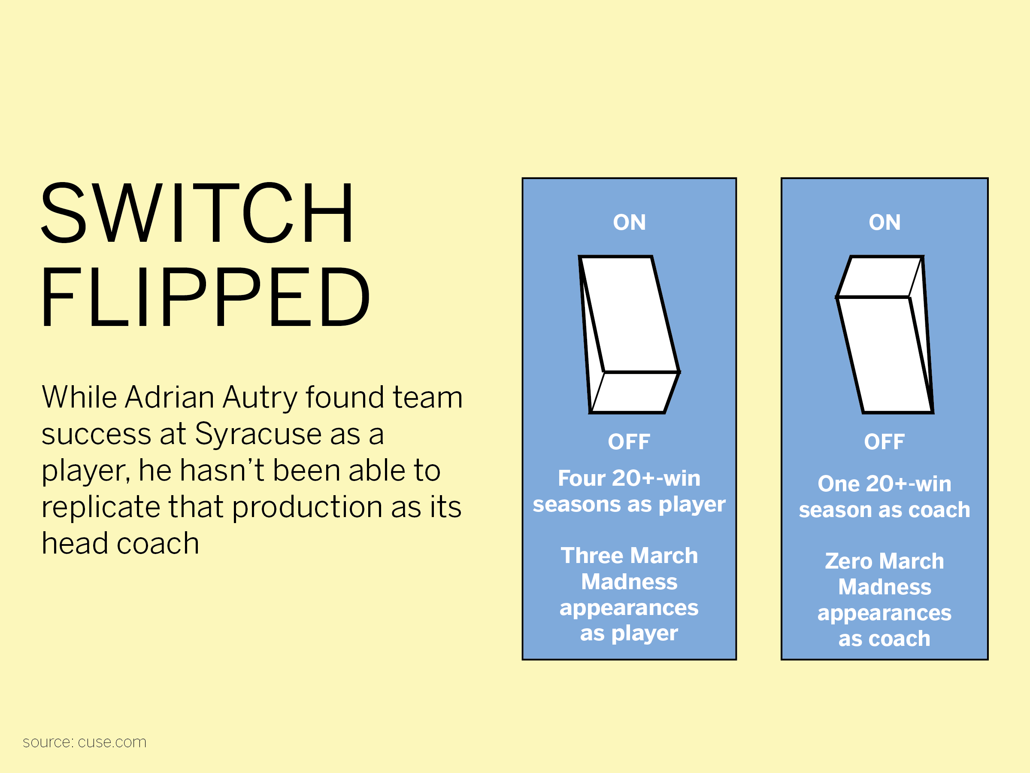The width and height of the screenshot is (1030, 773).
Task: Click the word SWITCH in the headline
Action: click(x=197, y=213)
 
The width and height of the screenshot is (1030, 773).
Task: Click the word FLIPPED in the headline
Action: click(x=205, y=296)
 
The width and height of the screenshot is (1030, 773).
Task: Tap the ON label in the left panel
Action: click(x=630, y=222)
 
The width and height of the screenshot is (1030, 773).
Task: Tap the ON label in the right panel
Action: click(x=885, y=222)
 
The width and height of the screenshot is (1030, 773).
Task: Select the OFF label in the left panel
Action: click(x=629, y=442)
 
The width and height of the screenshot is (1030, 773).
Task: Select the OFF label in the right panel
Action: click(x=885, y=442)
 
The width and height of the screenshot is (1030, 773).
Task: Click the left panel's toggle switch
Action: click(x=629, y=335)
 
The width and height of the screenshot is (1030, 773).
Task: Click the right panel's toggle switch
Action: click(x=885, y=335)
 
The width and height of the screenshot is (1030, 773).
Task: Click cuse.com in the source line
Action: click(x=112, y=742)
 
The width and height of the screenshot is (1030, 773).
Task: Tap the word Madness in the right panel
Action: click(x=885, y=587)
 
